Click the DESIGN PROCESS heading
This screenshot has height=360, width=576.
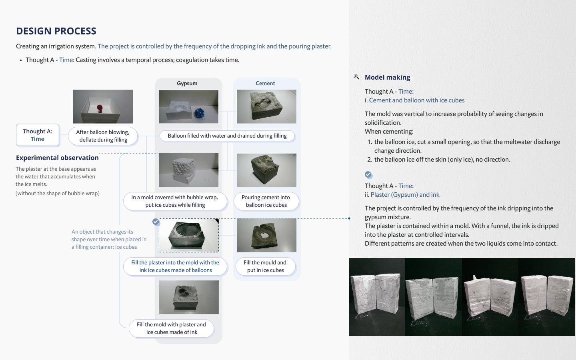pyautogui.click(x=56, y=31)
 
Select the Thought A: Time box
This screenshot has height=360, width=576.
pyautogui.click(x=38, y=135)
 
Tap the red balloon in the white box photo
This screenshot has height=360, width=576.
pyautogui.click(x=99, y=108)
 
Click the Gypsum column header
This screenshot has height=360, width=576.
pyautogui.click(x=187, y=83)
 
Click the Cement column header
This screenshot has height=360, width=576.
pyautogui.click(x=265, y=83)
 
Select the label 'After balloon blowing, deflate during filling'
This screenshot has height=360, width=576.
pyautogui.click(x=103, y=136)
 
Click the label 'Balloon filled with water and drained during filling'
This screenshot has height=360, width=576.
pyautogui.click(x=227, y=136)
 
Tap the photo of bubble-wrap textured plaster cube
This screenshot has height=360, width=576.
pyautogui.click(x=188, y=170)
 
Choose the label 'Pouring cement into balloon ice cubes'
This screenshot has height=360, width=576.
pyautogui.click(x=266, y=201)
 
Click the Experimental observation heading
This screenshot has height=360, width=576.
pyautogui.click(x=57, y=158)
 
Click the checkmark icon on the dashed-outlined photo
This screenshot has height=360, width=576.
pyautogui.click(x=156, y=222)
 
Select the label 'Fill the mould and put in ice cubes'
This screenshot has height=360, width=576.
pyautogui.click(x=265, y=266)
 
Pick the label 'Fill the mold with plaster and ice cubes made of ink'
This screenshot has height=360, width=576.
pyautogui.click(x=171, y=328)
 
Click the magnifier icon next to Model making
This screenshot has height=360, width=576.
pyautogui.click(x=356, y=77)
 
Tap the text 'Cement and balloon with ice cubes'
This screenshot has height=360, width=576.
pyautogui.click(x=416, y=100)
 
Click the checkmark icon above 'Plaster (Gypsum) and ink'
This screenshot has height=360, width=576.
pyautogui.click(x=368, y=175)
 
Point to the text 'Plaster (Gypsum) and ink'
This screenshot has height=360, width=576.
pyautogui.click(x=405, y=195)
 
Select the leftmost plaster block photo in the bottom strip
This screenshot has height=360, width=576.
pyautogui.click(x=376, y=297)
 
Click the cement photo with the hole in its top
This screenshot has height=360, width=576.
pyautogui.click(x=266, y=235)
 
